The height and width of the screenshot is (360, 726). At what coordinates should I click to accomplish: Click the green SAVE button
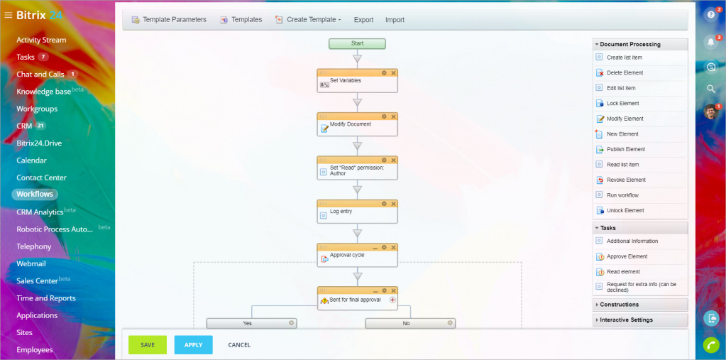pos(148,344)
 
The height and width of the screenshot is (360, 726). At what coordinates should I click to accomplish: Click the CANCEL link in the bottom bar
pos(239,344)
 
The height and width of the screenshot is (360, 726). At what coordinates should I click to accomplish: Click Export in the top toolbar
pos(363,20)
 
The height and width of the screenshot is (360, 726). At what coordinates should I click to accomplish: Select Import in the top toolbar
pos(395,20)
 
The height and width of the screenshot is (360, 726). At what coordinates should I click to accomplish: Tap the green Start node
pos(357,44)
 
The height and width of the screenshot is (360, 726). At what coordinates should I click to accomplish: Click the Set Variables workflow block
pos(357,82)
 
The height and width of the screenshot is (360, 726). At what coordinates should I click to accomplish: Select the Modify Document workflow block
pos(357,126)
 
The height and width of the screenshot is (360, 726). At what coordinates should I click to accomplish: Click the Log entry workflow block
pos(357,213)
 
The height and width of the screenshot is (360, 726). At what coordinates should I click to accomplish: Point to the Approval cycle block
pos(357,256)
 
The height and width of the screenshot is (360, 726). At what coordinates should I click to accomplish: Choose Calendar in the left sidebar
pos(31,160)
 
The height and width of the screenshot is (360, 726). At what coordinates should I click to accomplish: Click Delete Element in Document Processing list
pos(625,72)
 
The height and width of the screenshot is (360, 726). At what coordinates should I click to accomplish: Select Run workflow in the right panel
pos(622,195)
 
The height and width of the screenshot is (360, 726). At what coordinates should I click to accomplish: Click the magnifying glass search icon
pos(711,89)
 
